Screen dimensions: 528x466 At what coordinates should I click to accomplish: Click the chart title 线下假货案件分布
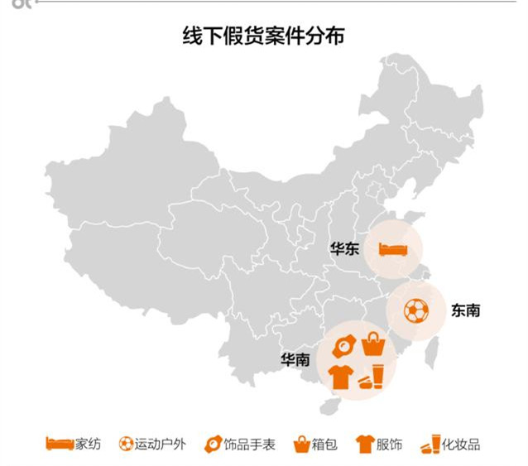click(x=263, y=36)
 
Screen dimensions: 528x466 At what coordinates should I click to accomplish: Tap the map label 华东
click(x=343, y=248)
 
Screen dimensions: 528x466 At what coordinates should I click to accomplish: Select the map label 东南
click(x=465, y=310)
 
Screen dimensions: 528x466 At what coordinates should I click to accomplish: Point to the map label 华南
click(x=295, y=359)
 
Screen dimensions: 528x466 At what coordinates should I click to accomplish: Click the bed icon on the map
click(x=391, y=248)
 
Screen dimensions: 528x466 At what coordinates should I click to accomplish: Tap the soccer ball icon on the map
click(x=416, y=310)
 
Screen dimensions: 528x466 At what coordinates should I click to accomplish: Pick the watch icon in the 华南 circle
click(x=343, y=343)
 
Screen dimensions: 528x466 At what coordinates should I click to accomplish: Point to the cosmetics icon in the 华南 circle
click(x=372, y=377)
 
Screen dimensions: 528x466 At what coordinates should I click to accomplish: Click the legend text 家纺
click(x=88, y=444)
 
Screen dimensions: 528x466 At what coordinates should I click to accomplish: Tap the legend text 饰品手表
click(x=250, y=444)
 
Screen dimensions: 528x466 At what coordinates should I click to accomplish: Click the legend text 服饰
click(x=389, y=444)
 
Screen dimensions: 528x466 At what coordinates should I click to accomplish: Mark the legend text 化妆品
click(x=461, y=444)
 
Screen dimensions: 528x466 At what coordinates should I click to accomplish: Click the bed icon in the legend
click(x=59, y=444)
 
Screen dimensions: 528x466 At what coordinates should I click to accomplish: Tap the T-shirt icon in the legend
click(x=364, y=444)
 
